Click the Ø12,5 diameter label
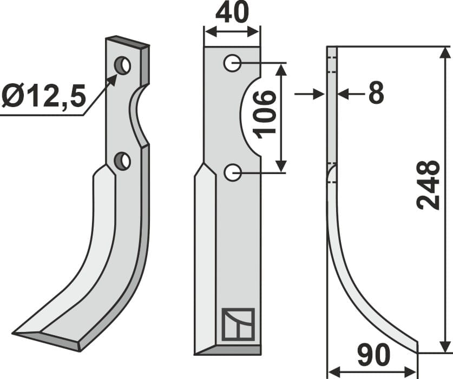43,97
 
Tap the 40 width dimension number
232,13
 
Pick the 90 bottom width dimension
373,357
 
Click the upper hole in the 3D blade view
123,66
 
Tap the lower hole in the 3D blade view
123,161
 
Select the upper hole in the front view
232,64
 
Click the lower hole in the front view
232,173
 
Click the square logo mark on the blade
238,324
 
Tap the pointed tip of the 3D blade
15,333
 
